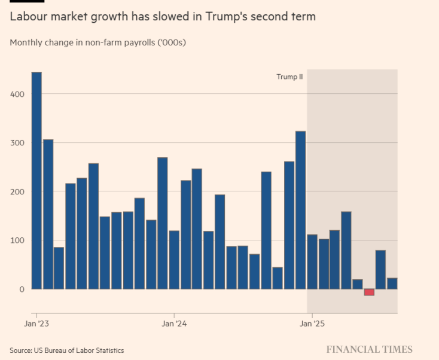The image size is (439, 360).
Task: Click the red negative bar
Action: tap(369, 292)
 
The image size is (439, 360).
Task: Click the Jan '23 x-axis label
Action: tap(36, 324)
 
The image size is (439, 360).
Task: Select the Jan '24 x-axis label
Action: tap(174, 324)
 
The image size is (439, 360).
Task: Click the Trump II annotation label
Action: tap(289, 77)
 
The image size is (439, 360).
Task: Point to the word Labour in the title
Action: tap(28, 17)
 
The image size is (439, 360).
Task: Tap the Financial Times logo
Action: tap(369, 349)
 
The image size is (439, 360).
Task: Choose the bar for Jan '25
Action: tap(312, 262)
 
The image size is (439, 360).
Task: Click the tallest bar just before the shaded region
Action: tap(301, 210)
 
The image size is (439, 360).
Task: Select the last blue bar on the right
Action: tap(392, 283)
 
